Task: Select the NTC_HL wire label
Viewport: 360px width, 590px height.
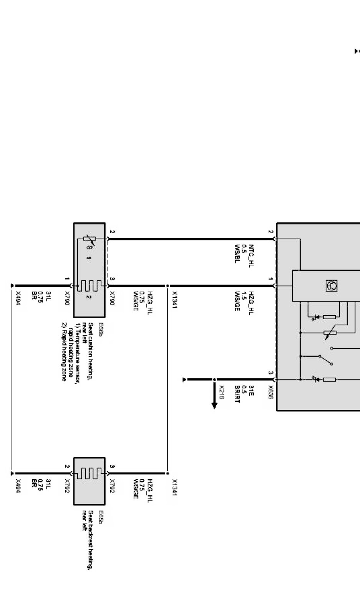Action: (x=252, y=256)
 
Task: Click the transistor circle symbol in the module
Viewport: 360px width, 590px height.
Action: (x=332, y=285)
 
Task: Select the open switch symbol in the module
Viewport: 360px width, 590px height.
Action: (x=325, y=360)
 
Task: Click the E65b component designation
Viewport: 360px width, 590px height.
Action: (x=101, y=515)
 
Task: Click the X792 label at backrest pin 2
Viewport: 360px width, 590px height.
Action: (x=67, y=486)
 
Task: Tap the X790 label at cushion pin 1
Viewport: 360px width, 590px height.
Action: (x=67, y=299)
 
